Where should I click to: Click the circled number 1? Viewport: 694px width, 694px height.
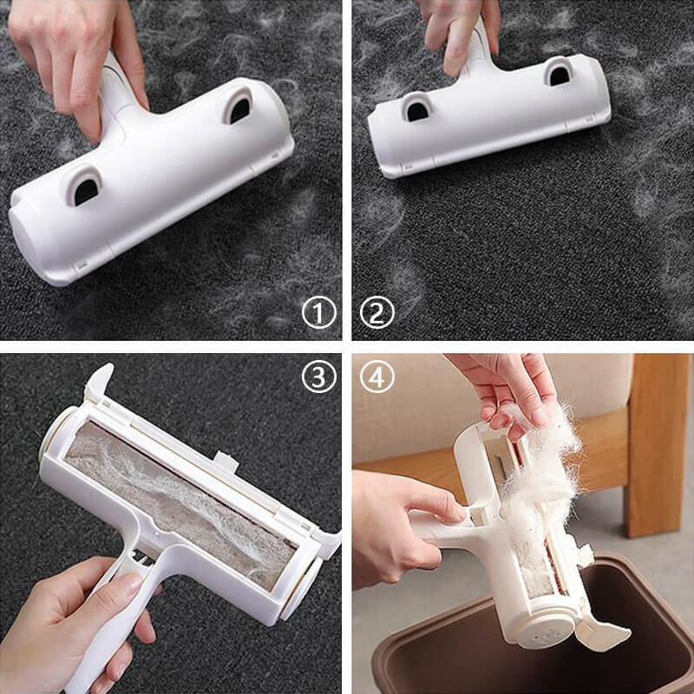pos(318,312)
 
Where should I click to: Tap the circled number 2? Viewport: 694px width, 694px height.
pos(376,312)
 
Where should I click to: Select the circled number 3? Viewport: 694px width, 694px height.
pos(318,376)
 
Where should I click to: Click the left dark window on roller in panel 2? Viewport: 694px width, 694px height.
pos(417,112)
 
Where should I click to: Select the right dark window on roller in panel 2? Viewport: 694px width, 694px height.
pos(560,76)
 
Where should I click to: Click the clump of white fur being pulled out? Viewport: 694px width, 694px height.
pos(542,478)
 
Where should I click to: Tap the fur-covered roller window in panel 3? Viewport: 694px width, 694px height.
pos(180,505)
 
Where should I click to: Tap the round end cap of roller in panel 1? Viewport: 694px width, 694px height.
pos(28,240)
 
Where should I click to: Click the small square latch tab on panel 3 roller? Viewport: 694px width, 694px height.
pos(226,462)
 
